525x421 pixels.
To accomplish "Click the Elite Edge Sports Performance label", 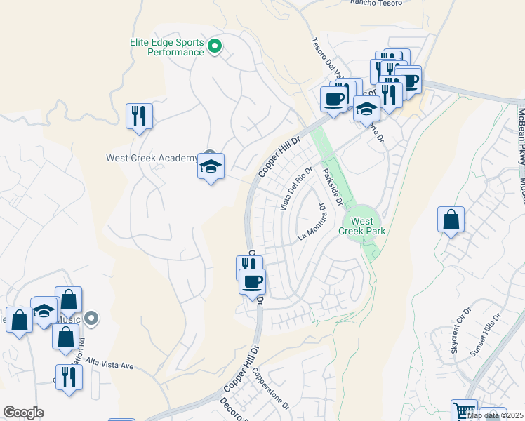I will click(x=167, y=47).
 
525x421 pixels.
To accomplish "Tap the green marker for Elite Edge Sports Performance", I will click(x=216, y=48).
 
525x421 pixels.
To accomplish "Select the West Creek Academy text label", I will click(x=152, y=158).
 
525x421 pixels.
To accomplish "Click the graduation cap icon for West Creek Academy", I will click(x=211, y=167).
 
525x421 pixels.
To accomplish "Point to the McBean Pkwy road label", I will click(x=521, y=127).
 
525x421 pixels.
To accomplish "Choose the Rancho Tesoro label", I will click(x=376, y=3).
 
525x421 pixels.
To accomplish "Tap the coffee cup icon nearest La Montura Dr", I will click(x=253, y=281).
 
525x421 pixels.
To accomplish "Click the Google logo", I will click(x=23, y=413).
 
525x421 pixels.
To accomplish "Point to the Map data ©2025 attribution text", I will click(x=495, y=415).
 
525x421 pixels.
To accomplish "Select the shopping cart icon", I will click(x=464, y=411).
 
